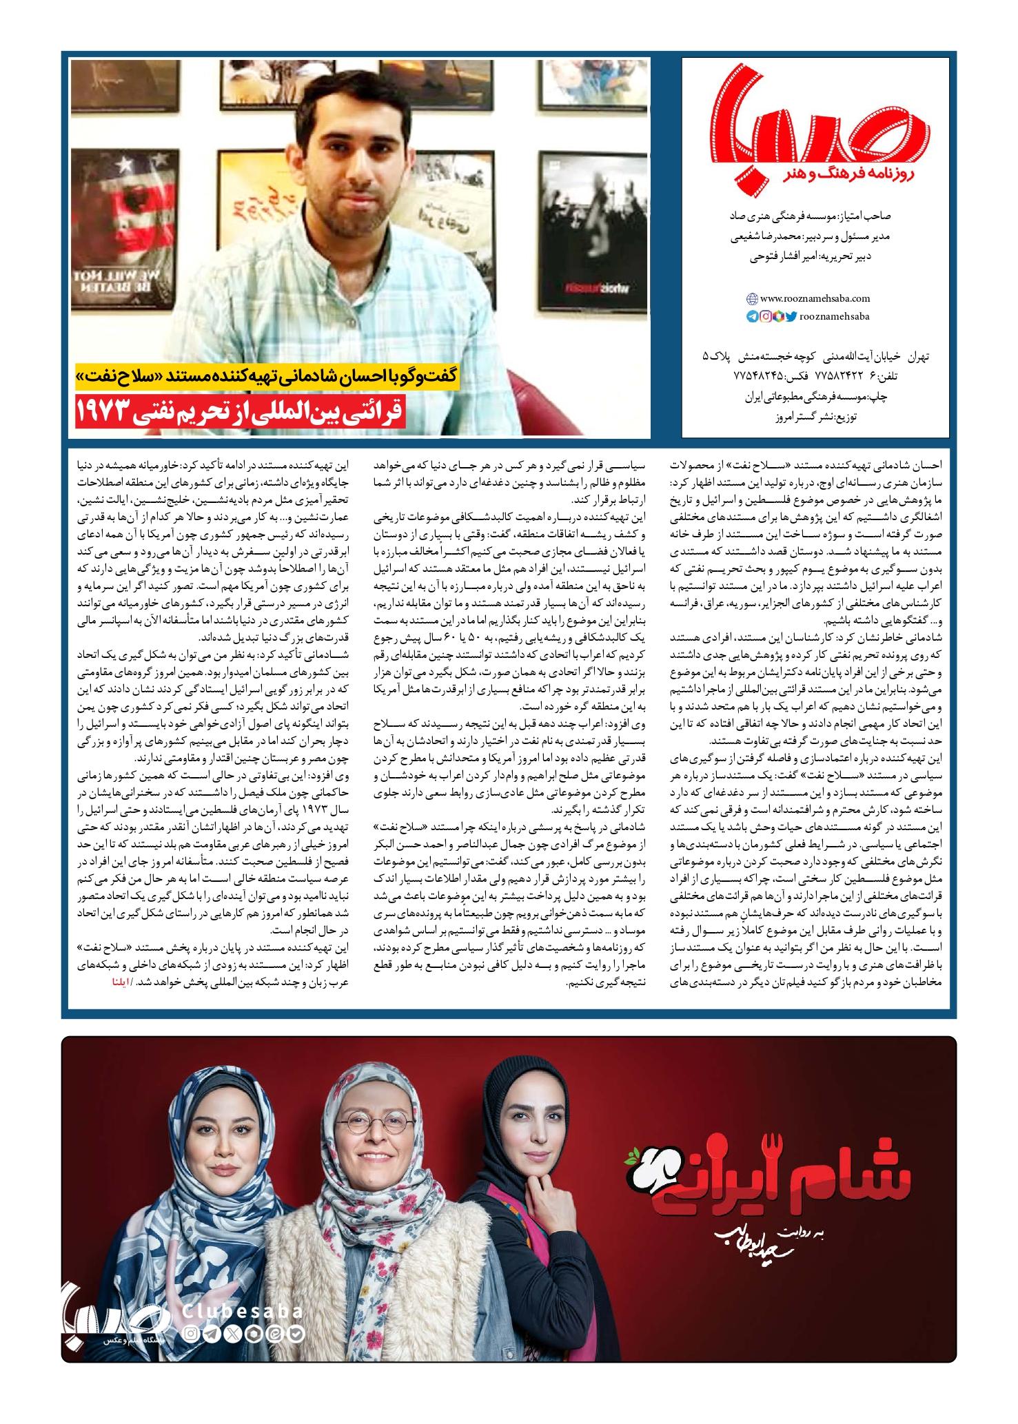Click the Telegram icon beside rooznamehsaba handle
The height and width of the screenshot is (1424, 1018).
(752, 317)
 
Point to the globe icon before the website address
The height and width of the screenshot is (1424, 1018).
(752, 299)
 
